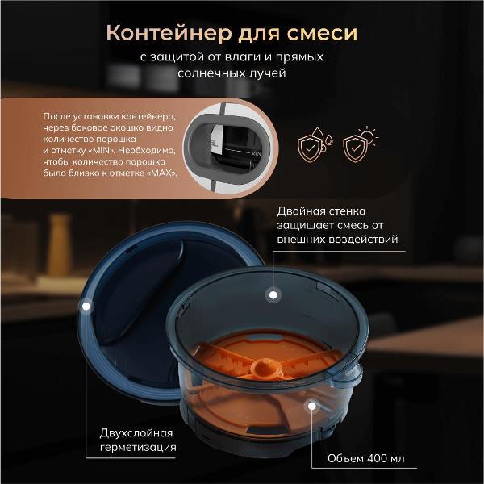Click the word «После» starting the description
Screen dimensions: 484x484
pos(57,118)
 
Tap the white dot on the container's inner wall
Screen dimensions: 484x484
pos(273,295)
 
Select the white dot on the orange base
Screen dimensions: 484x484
pos(310,406)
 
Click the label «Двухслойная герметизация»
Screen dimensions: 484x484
pos(137,439)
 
